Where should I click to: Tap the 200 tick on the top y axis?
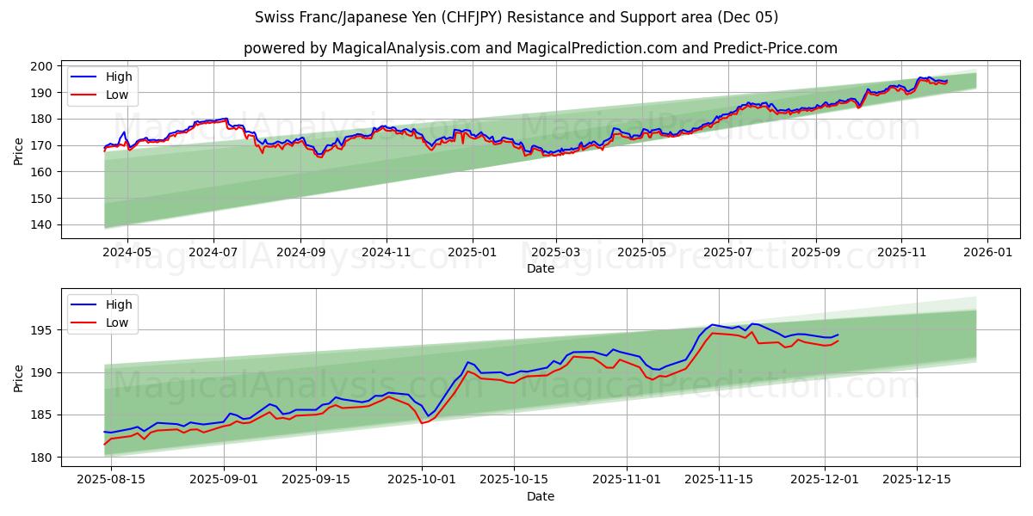pos(40,66)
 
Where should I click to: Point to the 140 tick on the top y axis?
pos(40,225)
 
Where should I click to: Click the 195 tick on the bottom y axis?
pos(40,330)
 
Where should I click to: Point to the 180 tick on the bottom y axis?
pos(40,458)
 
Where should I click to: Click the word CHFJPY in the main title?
pos(475,17)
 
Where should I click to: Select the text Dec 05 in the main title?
pos(753,17)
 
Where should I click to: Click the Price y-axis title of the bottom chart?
pos(19,378)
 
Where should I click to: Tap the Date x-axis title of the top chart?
pos(540,268)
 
